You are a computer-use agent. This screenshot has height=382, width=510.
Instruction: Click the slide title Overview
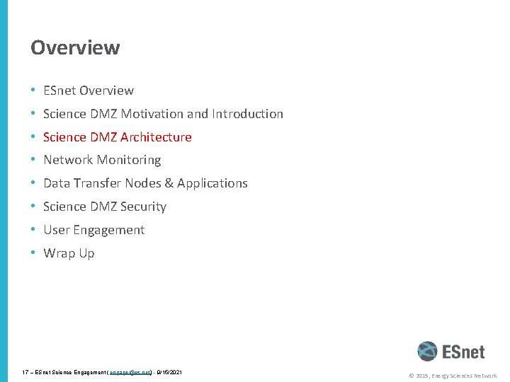pos(75,48)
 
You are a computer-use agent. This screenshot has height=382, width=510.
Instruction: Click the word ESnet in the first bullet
pos(59,91)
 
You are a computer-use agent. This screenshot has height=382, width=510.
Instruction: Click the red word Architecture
pos(157,137)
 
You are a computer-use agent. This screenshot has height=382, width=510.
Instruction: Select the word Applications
pos(212,183)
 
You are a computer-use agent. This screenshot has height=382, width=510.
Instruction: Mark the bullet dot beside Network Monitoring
pos(33,161)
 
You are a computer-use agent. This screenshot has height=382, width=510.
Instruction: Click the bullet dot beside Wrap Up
pos(33,253)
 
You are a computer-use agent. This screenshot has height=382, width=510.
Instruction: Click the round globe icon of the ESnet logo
pos(428,352)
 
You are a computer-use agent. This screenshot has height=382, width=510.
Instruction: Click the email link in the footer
pos(131,371)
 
